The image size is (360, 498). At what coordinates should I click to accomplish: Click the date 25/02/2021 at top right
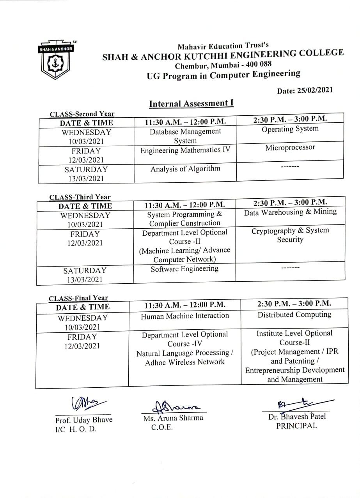click(x=305, y=90)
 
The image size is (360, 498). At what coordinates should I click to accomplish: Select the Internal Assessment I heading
click(x=191, y=104)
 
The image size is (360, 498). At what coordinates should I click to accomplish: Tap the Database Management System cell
click(x=185, y=136)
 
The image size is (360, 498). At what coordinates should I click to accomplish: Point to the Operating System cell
click(x=290, y=129)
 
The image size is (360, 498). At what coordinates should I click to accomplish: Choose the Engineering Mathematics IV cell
click(x=185, y=150)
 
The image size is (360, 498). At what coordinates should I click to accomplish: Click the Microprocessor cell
click(x=290, y=148)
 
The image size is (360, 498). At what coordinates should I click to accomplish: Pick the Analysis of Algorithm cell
click(x=185, y=169)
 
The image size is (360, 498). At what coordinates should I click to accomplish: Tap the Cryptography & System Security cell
click(x=290, y=235)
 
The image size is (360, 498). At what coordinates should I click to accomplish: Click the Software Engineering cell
click(x=184, y=268)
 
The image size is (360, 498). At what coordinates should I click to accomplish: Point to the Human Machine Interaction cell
click(x=185, y=316)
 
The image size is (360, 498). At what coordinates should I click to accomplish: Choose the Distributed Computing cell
click(x=294, y=314)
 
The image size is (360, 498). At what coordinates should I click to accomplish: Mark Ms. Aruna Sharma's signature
click(x=176, y=407)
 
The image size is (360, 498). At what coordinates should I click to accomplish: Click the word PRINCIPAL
click(x=296, y=426)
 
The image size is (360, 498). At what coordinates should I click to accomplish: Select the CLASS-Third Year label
click(x=80, y=197)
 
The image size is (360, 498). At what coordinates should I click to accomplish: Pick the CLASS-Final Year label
click(x=78, y=298)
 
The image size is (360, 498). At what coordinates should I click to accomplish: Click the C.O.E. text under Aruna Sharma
click(x=162, y=427)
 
